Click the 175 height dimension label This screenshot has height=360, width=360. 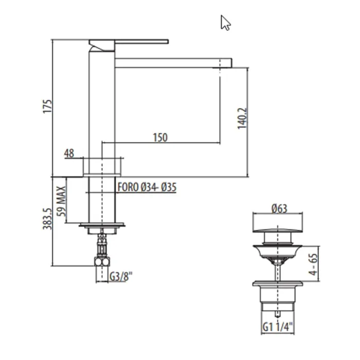pos(48,107)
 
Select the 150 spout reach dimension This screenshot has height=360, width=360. pos(160,137)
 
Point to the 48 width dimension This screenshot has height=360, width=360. pos(69,153)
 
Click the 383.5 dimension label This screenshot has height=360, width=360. pos(47,219)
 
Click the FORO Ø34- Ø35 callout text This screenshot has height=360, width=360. pos(147,188)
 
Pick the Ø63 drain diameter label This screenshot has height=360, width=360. pos(278,208)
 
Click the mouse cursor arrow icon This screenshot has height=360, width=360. pos(225,23)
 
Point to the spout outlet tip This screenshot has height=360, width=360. pos(225,63)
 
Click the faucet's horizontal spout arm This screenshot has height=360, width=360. pos(170,63)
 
